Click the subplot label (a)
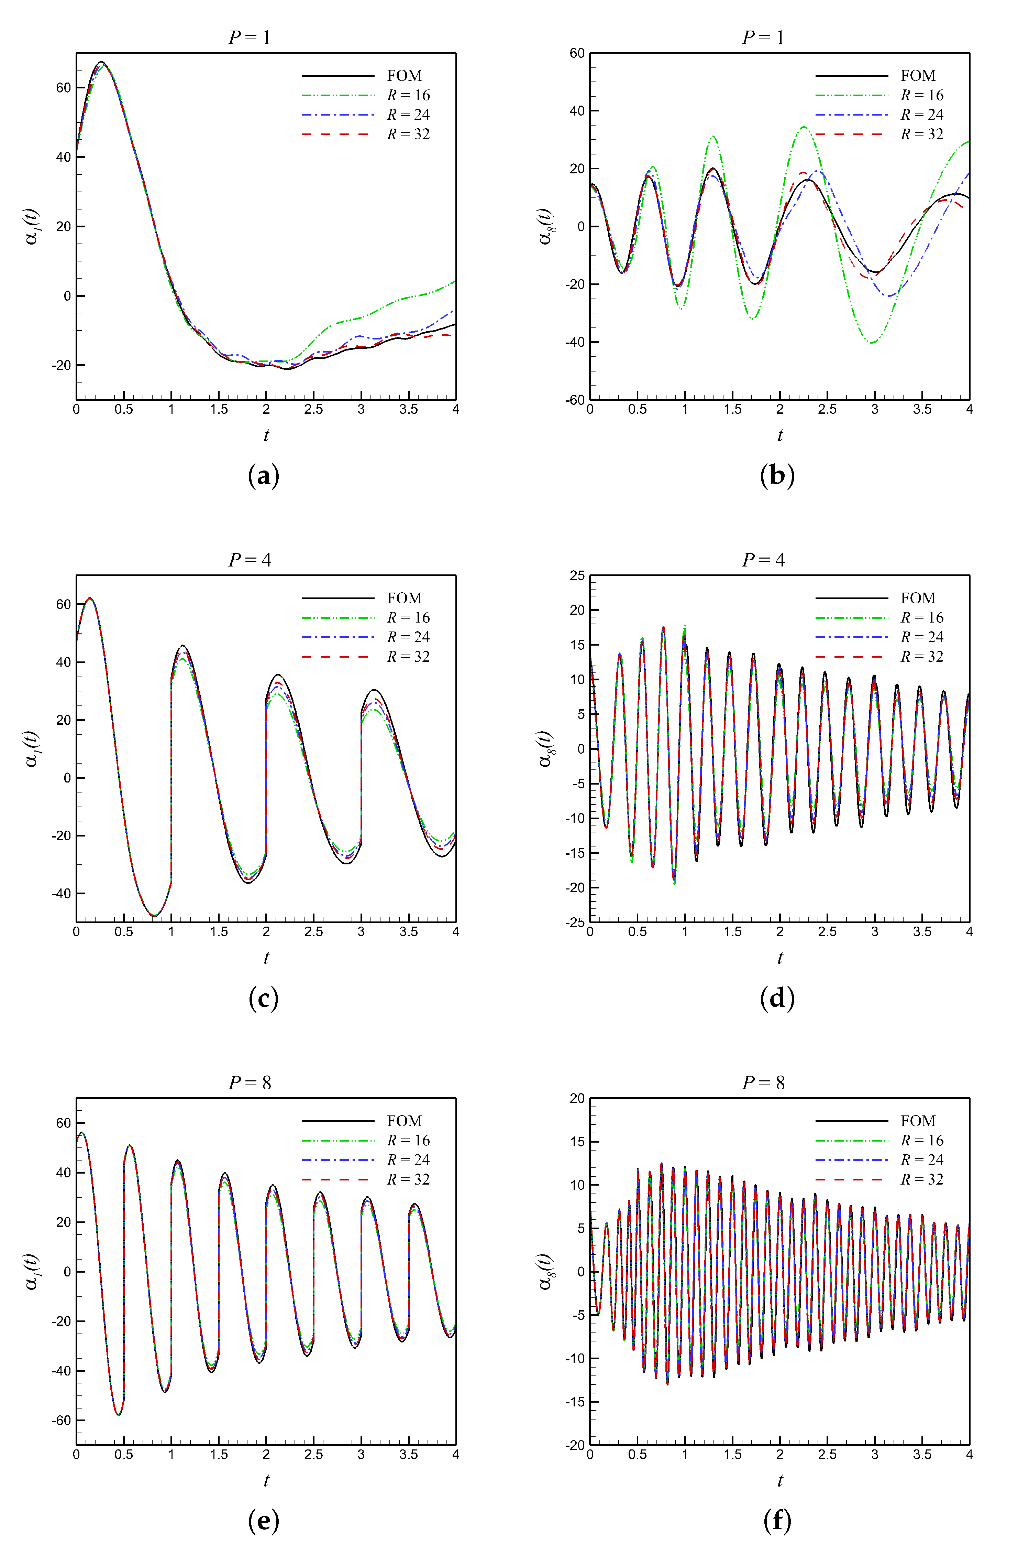pyautogui.click(x=264, y=475)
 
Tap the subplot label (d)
pyautogui.click(x=777, y=997)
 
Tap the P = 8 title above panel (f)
pyautogui.click(x=763, y=1082)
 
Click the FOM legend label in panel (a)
pyautogui.click(x=404, y=76)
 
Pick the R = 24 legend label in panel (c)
pyautogui.click(x=408, y=637)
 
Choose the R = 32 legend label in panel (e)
pyautogui.click(x=408, y=1180)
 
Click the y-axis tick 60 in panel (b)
pyautogui.click(x=577, y=53)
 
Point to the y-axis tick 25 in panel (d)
pyautogui.click(x=577, y=576)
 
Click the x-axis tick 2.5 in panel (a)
pyautogui.click(x=313, y=409)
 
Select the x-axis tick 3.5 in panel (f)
pyautogui.click(x=922, y=1455)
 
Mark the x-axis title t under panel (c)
pyautogui.click(x=266, y=958)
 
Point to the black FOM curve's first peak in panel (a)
pyautogui.click(x=101, y=62)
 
